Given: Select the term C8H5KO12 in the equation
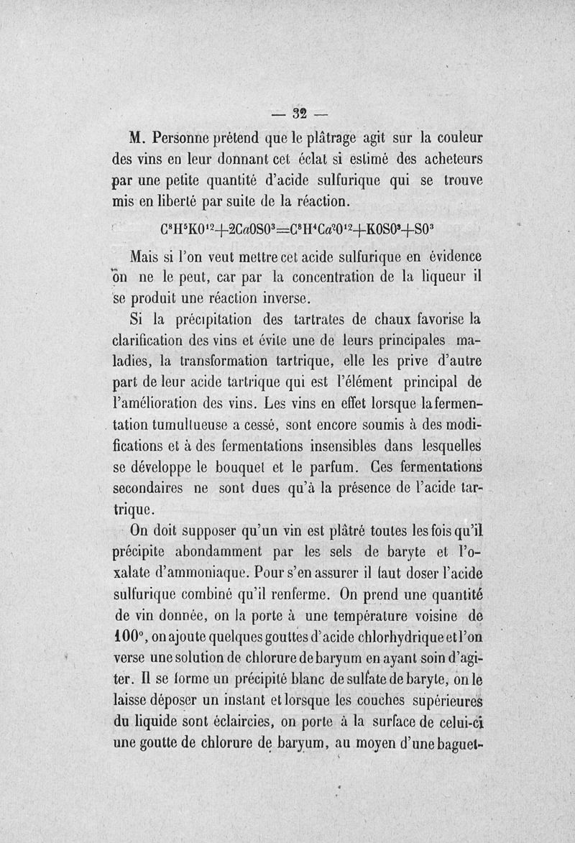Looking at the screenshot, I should coord(188,232).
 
